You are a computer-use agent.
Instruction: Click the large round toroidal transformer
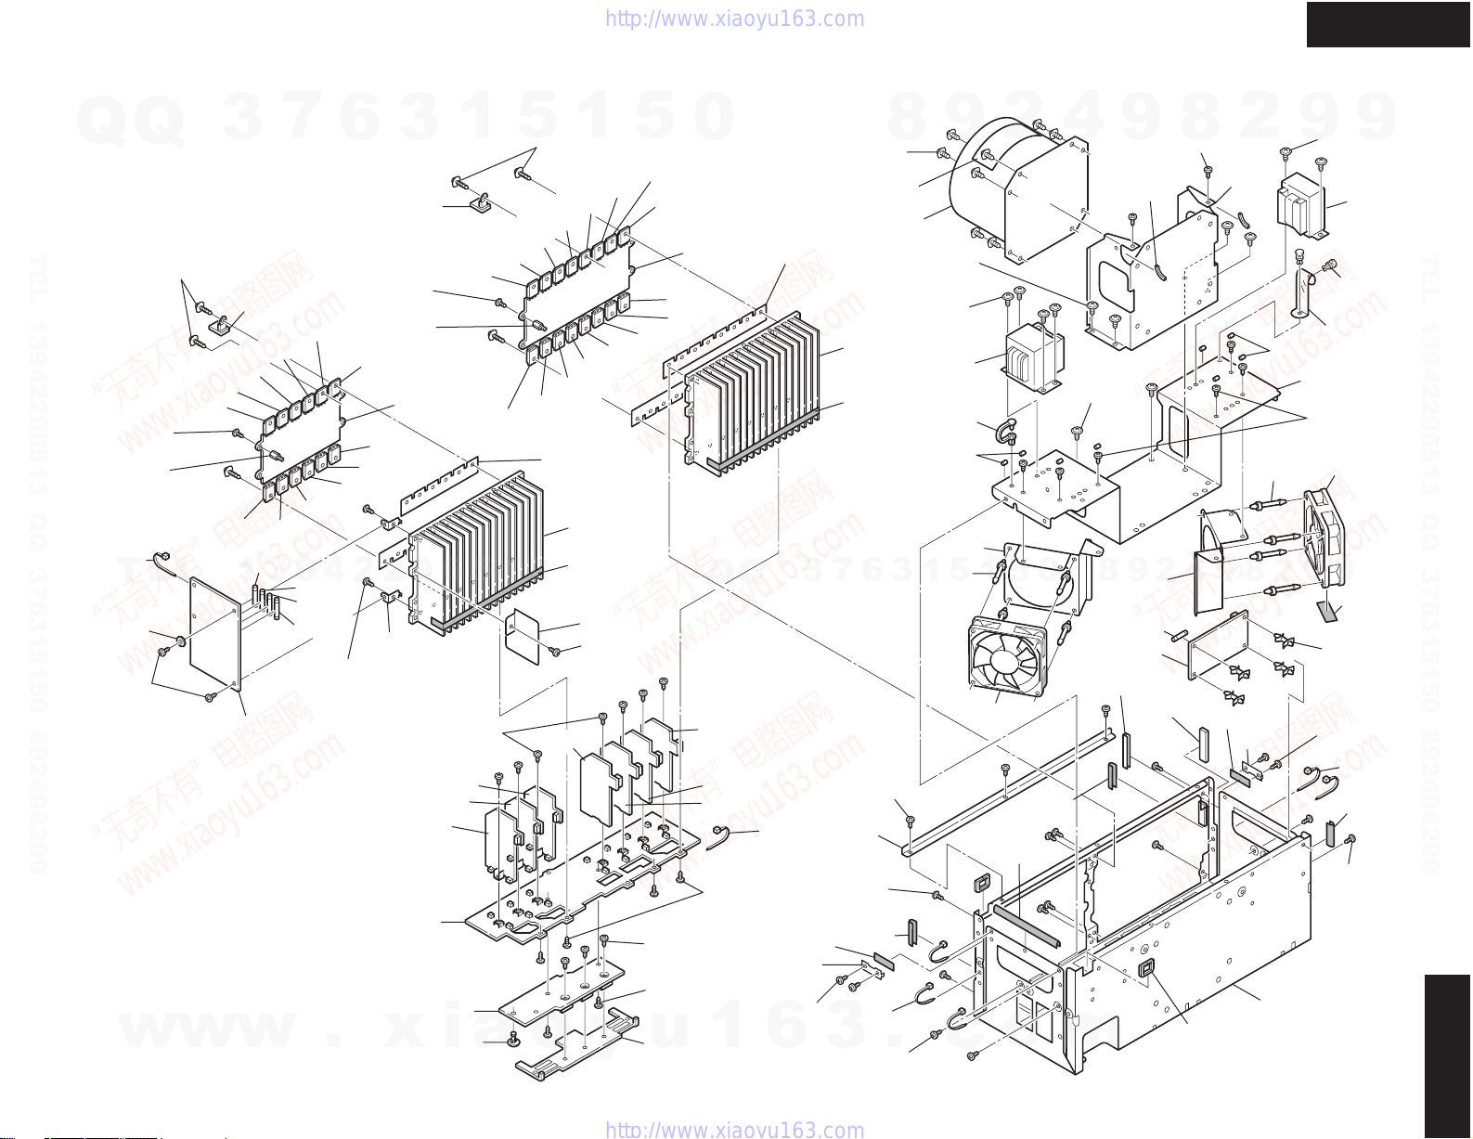coord(984,186)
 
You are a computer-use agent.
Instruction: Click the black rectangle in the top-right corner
coord(1388,24)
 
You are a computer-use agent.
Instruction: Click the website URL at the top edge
coord(734,19)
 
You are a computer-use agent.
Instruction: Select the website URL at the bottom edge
coord(734,1130)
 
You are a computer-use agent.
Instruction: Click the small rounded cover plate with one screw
coord(523,636)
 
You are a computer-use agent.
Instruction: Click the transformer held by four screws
coord(1033,357)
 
